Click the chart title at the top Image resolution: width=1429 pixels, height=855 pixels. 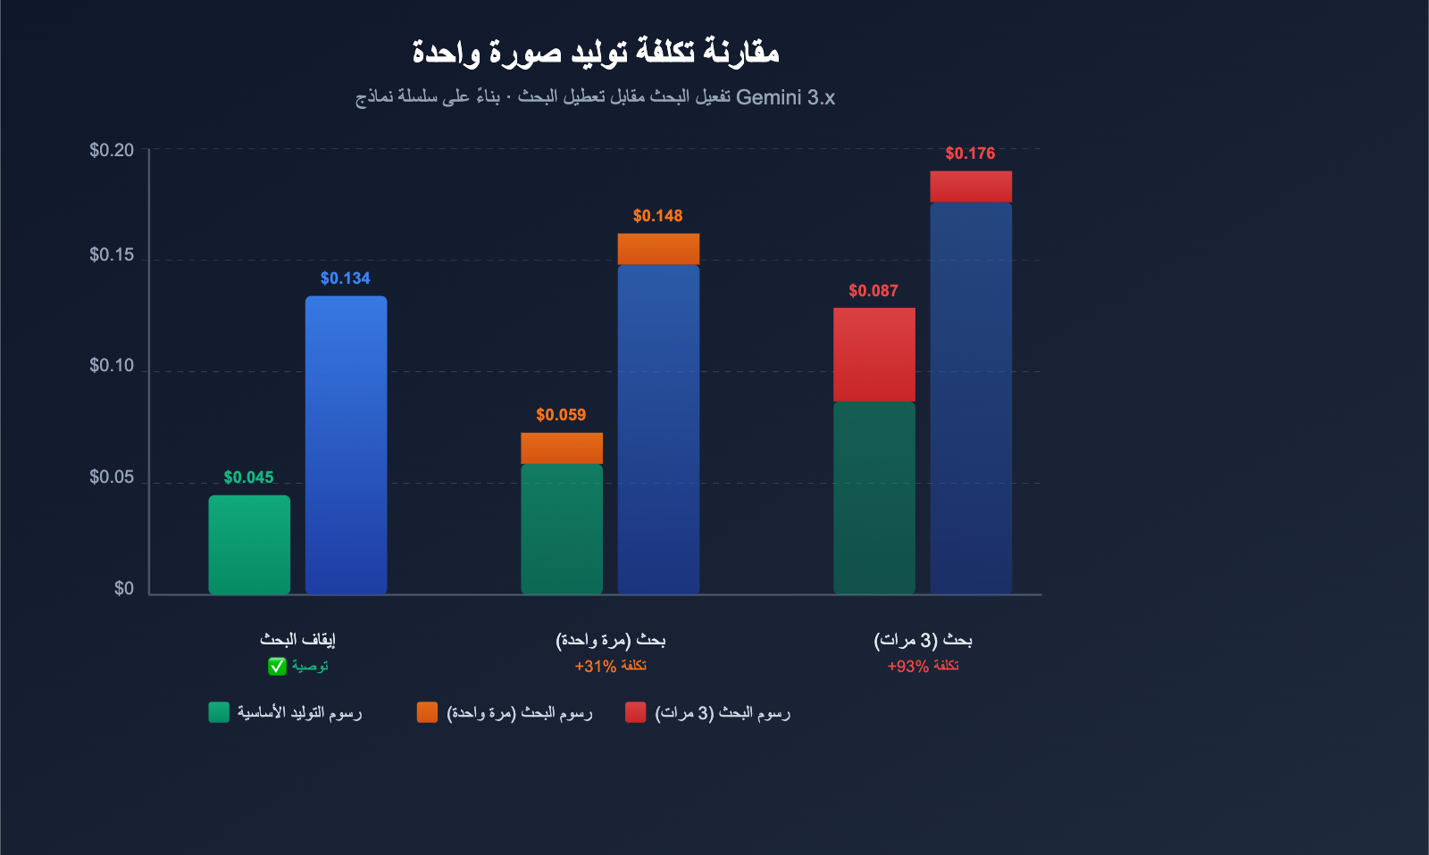[x=596, y=52]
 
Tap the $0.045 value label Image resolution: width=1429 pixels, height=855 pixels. [x=248, y=477]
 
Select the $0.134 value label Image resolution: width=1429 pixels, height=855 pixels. [x=345, y=278]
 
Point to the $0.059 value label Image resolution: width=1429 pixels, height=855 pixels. [x=561, y=415]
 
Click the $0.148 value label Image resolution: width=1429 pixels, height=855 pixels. [x=657, y=216]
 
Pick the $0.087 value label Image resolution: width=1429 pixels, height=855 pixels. [x=873, y=291]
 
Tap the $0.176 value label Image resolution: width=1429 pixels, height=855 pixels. [x=970, y=154]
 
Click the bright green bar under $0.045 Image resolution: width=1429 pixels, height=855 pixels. [x=249, y=544]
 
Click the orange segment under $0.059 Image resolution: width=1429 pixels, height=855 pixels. [x=562, y=448]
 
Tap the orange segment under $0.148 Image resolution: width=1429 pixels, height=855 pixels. [x=658, y=249]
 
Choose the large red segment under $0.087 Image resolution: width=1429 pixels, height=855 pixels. [x=873, y=354]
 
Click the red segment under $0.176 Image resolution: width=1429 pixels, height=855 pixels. [x=971, y=187]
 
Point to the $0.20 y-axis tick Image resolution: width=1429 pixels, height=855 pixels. [x=112, y=150]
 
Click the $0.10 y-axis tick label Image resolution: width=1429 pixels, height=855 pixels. [x=112, y=366]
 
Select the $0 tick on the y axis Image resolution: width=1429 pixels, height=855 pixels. [x=124, y=588]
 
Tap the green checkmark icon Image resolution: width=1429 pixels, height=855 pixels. [x=277, y=667]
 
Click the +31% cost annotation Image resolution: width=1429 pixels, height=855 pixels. [x=610, y=667]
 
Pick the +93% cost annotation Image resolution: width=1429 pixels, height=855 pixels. [x=923, y=667]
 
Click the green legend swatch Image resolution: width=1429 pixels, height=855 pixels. [x=219, y=712]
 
